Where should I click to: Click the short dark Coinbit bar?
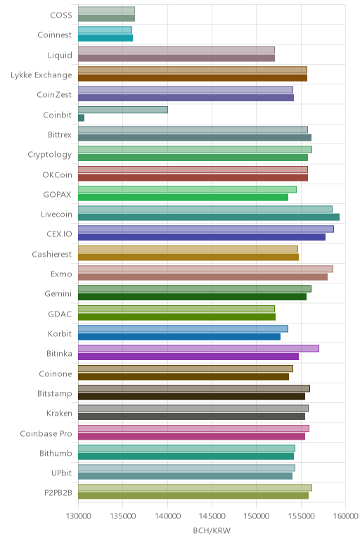(x=82, y=118)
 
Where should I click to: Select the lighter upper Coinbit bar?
(x=123, y=110)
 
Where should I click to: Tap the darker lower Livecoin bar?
(x=209, y=217)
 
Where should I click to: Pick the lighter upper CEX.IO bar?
(x=206, y=229)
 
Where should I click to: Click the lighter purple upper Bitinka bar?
(x=199, y=348)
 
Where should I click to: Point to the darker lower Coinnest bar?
(x=105, y=38)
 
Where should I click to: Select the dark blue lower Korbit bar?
(x=179, y=337)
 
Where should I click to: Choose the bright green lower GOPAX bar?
(x=183, y=198)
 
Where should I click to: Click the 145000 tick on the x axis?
(x=212, y=516)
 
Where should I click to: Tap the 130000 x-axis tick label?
(x=78, y=516)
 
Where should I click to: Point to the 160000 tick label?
(x=345, y=516)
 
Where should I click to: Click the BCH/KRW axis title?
(x=212, y=530)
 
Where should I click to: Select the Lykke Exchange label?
(x=41, y=75)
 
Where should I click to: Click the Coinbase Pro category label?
(x=46, y=433)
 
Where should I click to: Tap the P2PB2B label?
(x=58, y=492)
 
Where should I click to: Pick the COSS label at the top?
(x=61, y=15)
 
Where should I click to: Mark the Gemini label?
(x=58, y=294)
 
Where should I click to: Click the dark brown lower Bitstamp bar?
(x=192, y=397)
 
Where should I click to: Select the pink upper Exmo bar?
(x=205, y=269)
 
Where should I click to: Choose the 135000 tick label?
(x=123, y=516)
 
